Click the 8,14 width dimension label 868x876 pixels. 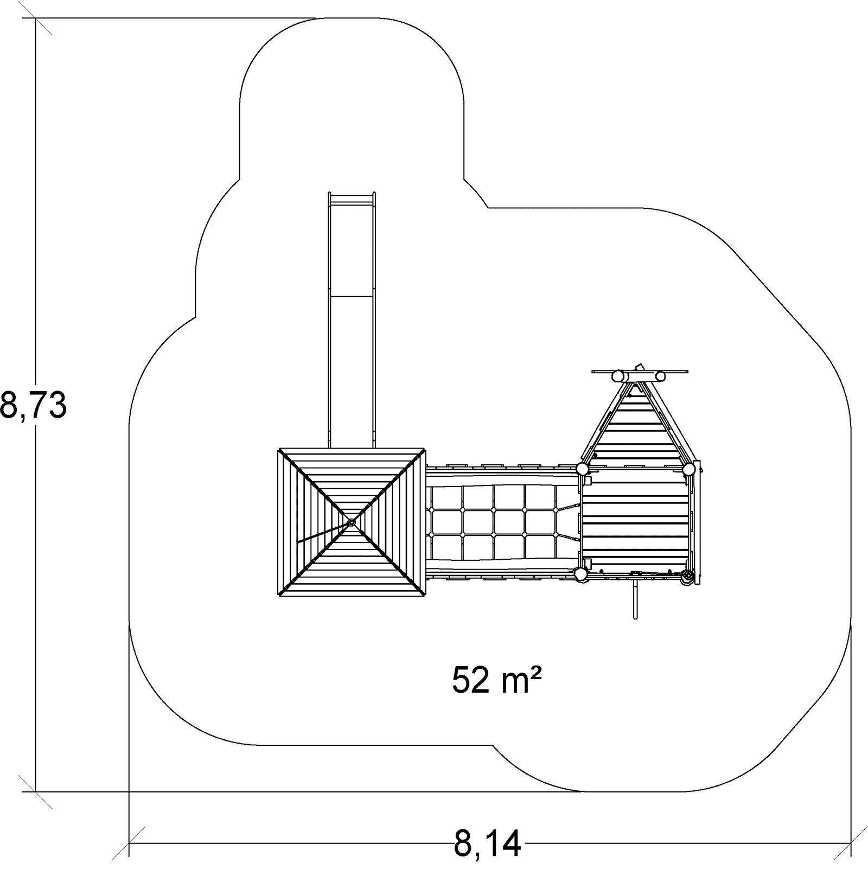(487, 843)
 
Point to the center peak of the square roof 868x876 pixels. (351, 522)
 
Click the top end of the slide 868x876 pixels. (352, 193)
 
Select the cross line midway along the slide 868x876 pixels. (352, 296)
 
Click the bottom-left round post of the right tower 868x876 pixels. (580, 574)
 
